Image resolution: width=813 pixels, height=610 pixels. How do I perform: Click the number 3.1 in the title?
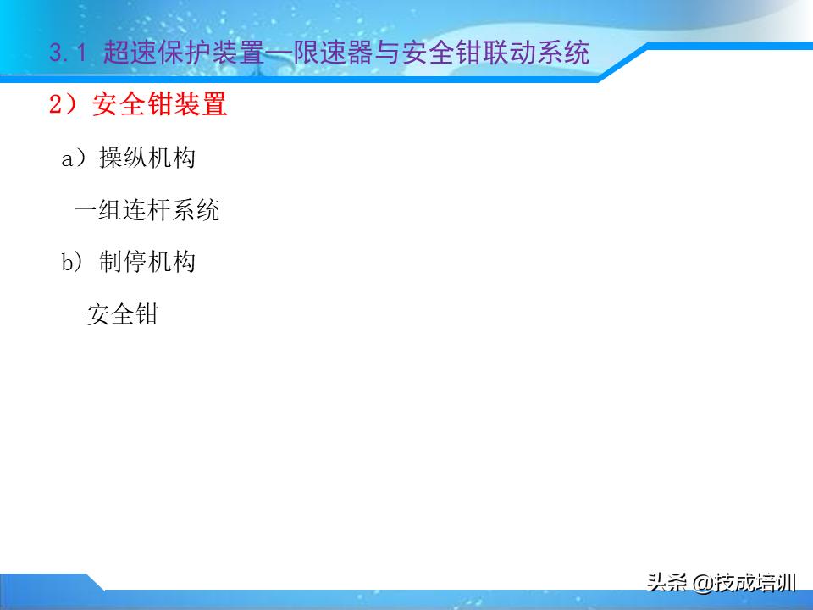(69, 54)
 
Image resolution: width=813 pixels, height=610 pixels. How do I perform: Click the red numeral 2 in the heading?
(56, 106)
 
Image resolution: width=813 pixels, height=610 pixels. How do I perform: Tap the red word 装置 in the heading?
(202, 106)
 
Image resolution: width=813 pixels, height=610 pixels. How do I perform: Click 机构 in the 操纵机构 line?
(171, 158)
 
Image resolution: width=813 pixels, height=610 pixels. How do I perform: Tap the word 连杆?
(147, 210)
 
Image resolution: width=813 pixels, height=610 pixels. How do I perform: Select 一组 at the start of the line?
(97, 210)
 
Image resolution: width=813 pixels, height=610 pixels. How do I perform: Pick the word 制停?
(123, 263)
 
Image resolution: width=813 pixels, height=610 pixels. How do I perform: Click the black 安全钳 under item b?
(122, 314)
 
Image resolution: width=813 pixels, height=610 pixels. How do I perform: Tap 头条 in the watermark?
(666, 583)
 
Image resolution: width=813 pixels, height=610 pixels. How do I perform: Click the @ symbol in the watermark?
(700, 583)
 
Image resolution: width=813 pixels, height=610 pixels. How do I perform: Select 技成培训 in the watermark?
(755, 583)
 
